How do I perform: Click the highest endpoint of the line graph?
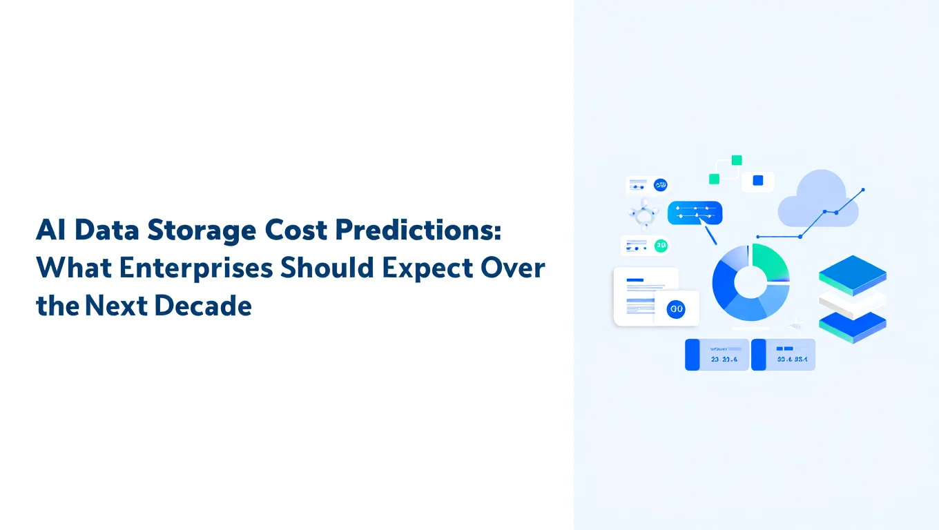[x=862, y=190]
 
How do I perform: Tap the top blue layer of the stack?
[x=852, y=275]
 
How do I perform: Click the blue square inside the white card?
[x=757, y=181]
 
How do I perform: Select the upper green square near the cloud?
[x=737, y=160]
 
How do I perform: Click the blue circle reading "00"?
[x=676, y=310]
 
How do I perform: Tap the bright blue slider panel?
[x=695, y=213]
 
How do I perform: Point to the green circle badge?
[x=661, y=245]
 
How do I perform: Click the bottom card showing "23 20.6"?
[x=717, y=355]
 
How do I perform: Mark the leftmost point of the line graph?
[x=757, y=237]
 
